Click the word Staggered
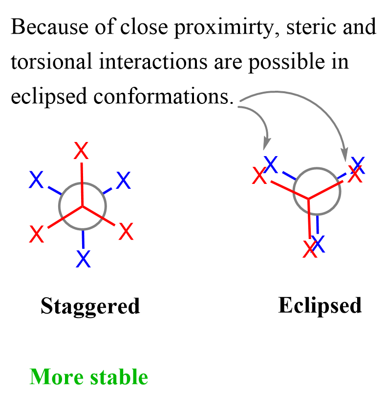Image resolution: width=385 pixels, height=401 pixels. coord(90,306)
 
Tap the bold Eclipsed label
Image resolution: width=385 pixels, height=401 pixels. coord(320,306)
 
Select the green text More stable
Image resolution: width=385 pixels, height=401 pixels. coord(89,377)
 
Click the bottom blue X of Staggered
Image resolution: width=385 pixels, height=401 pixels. coord(84,259)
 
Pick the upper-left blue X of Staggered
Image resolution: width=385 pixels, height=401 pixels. coord(37,180)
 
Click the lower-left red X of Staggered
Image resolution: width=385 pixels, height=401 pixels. coord(37,235)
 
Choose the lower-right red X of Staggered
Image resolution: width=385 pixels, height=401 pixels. coord(126,231)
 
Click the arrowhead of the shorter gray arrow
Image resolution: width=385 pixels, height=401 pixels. coord(266,144)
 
